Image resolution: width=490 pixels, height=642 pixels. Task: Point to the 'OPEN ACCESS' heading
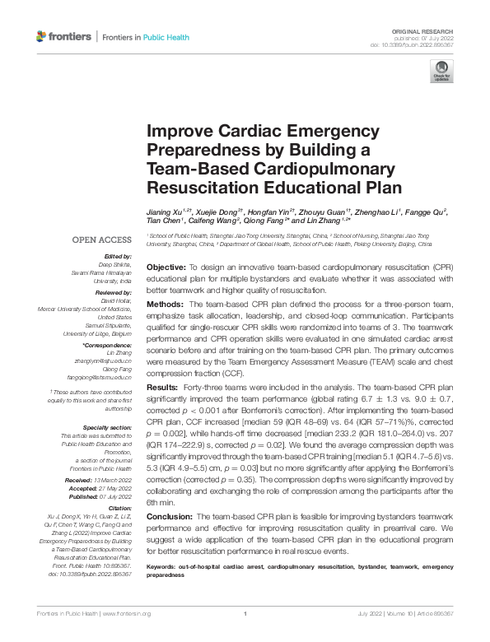point(103,240)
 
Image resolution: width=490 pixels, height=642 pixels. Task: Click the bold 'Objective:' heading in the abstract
point(166,269)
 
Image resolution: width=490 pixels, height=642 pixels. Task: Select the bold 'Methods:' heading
point(164,305)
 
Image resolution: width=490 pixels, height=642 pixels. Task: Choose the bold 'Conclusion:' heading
point(170,514)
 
